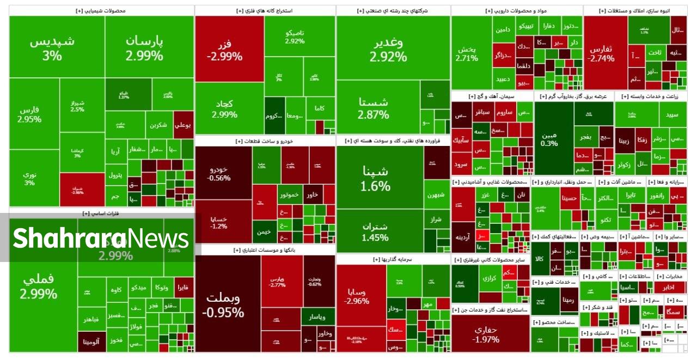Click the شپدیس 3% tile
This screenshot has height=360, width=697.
(x=52, y=48)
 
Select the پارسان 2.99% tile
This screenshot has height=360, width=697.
(x=144, y=48)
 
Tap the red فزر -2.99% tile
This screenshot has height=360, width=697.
(x=224, y=50)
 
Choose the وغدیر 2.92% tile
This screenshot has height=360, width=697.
(x=388, y=50)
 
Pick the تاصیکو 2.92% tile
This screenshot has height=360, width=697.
(x=295, y=37)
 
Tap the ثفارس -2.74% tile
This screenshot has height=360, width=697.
(x=601, y=53)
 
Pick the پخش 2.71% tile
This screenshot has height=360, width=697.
(x=467, y=53)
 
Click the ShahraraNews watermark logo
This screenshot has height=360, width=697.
(x=101, y=239)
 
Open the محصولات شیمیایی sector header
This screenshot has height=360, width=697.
(x=101, y=10)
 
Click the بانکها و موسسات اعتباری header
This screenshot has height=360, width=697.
(x=265, y=250)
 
